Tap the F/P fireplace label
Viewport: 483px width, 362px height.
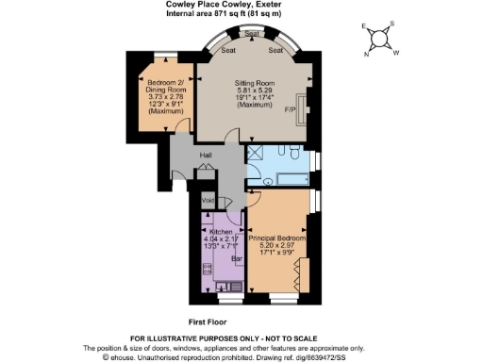[291, 110]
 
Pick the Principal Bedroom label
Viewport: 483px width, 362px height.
[277, 224]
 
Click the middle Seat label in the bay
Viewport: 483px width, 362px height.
[253, 34]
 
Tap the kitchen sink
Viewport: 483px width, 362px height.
[225, 287]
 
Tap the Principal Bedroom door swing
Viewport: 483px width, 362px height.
[256, 200]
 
